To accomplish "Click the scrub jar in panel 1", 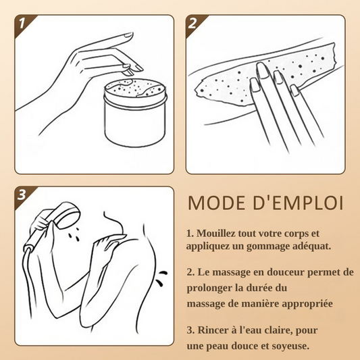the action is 135,113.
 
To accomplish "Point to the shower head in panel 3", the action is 67,215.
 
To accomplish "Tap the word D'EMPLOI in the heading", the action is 298,203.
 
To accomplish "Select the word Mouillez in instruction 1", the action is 216,234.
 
